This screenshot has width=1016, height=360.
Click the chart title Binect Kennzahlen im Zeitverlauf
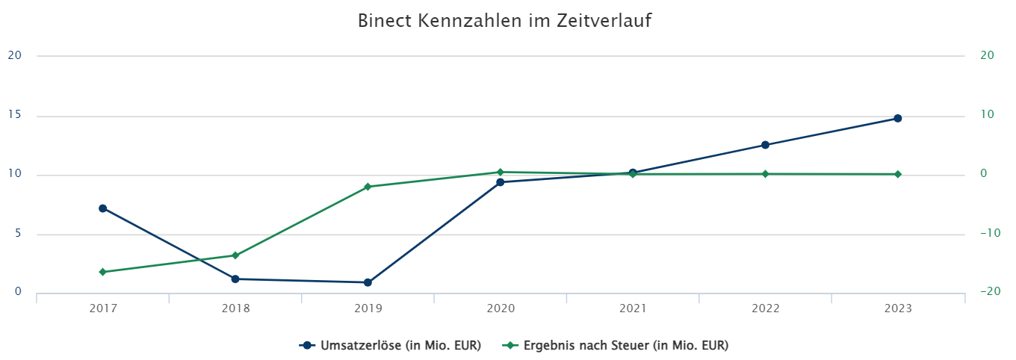(x=504, y=21)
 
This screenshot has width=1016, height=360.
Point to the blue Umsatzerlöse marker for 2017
(x=102, y=208)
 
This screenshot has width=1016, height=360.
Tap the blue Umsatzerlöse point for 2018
(x=235, y=279)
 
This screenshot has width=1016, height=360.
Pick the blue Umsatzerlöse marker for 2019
(x=368, y=282)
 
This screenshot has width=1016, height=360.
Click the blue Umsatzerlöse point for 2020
(x=501, y=182)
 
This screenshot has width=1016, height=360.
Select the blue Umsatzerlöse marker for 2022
(x=765, y=145)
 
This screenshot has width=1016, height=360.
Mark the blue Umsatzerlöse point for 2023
(x=898, y=118)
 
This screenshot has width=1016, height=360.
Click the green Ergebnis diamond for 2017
(x=102, y=272)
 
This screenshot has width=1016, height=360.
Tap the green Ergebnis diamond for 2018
(x=235, y=255)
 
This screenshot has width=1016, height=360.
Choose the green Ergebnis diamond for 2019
(x=368, y=187)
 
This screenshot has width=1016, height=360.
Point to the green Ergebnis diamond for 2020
(x=501, y=172)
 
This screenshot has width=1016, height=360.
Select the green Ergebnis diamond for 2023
(x=898, y=174)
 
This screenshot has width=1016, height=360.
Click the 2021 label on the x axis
(x=633, y=308)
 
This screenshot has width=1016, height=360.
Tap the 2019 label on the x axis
(x=368, y=308)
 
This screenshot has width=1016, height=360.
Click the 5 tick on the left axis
(x=17, y=233)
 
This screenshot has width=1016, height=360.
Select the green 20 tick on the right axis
(x=987, y=55)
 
